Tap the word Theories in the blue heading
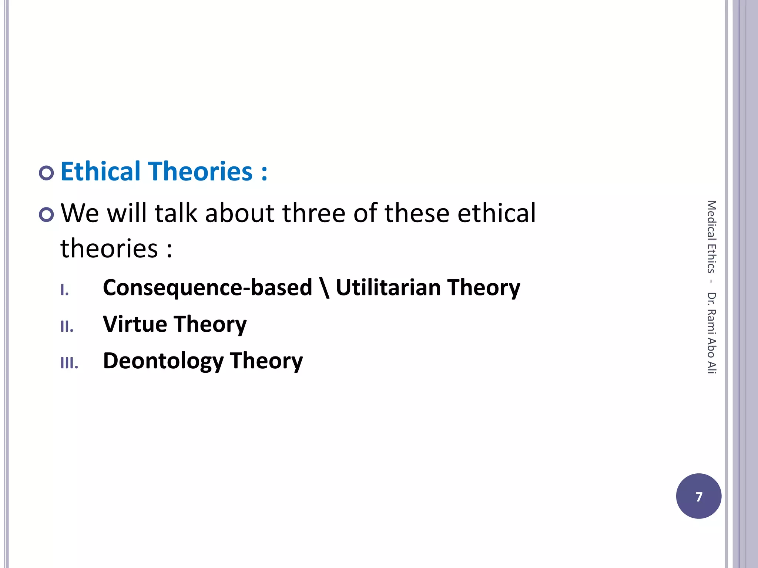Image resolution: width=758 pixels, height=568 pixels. [x=201, y=172]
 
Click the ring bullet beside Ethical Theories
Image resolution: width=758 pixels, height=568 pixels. [x=46, y=173]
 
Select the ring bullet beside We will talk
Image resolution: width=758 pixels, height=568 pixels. [x=46, y=214]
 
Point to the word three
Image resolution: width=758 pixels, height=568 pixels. [x=314, y=213]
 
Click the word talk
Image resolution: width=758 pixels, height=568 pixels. [x=176, y=213]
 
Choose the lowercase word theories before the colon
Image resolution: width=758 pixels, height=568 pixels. [x=109, y=248]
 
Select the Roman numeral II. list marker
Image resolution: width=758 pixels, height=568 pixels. [x=67, y=327]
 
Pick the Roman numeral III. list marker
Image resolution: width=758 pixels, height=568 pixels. [x=69, y=363]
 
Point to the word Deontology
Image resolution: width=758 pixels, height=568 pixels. [x=163, y=361]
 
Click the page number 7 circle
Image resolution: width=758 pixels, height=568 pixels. [x=698, y=496]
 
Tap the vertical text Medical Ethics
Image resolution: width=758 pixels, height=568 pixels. [x=711, y=237]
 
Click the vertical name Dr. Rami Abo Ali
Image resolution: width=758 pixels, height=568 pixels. [x=711, y=333]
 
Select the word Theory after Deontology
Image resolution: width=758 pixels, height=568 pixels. [x=266, y=361]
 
